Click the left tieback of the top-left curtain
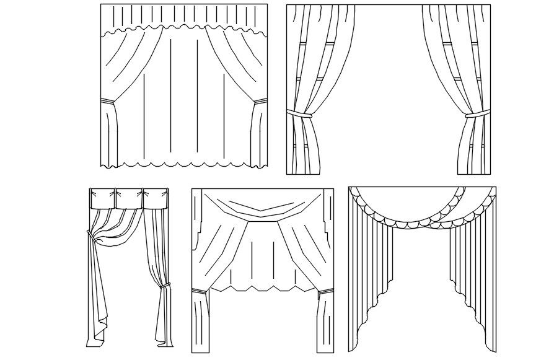(108, 100)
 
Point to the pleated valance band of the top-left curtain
(184, 17)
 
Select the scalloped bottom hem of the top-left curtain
(184, 165)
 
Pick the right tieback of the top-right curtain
(475, 115)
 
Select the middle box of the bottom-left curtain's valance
(129, 198)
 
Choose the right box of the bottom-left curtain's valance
(156, 198)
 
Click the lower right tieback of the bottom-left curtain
(165, 286)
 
